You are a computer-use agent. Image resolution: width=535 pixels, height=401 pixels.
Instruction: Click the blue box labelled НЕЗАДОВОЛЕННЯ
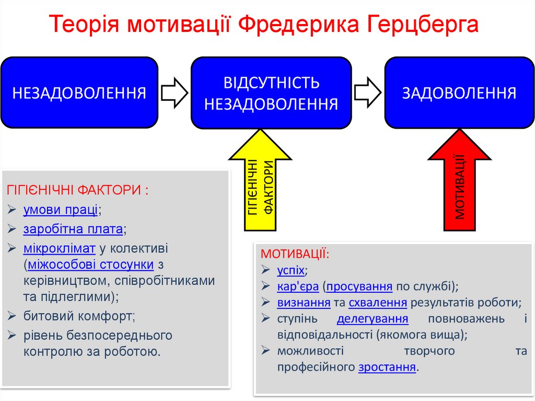click(79, 93)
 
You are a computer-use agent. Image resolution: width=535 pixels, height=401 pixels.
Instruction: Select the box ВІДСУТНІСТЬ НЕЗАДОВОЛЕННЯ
click(271, 93)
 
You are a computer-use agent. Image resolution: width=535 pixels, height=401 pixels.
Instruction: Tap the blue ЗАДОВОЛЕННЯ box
click(459, 93)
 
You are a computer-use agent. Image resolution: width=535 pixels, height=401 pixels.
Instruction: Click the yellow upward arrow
click(260, 183)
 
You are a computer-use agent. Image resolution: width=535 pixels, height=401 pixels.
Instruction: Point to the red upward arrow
click(459, 183)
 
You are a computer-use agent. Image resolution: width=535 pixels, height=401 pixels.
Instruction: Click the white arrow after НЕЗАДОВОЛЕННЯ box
click(174, 93)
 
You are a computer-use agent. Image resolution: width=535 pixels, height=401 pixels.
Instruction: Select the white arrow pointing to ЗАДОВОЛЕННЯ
click(368, 93)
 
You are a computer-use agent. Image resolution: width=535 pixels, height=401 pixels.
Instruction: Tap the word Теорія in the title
click(87, 25)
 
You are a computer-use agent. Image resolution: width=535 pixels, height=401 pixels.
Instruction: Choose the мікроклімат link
click(59, 248)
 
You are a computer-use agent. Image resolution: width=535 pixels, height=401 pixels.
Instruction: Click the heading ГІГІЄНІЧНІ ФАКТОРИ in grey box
click(77, 189)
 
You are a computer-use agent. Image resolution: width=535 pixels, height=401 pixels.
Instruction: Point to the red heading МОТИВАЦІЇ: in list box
click(295, 254)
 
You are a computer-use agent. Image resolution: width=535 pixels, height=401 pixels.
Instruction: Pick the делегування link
click(373, 318)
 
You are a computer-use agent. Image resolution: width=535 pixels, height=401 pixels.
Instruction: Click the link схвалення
click(378, 302)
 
